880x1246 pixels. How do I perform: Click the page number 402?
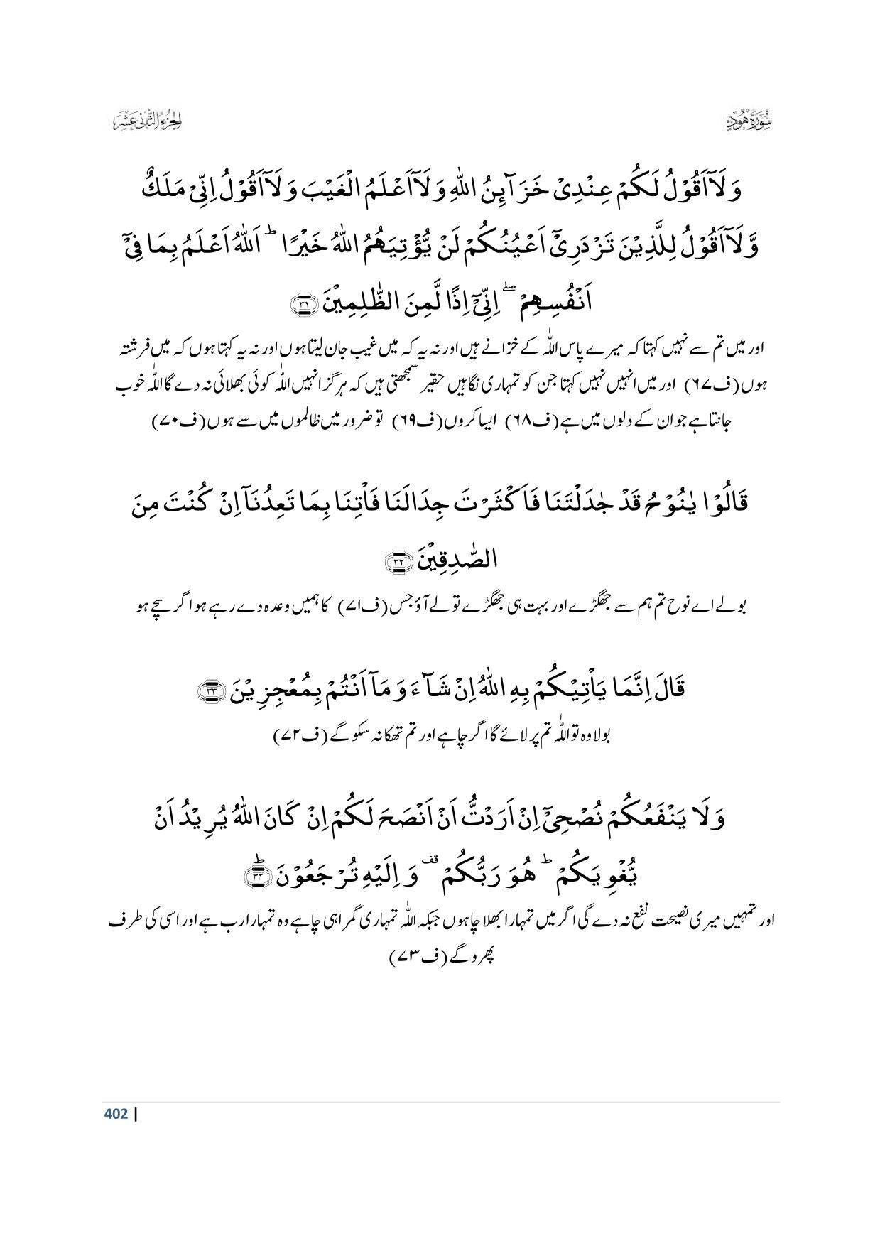point(116,1114)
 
